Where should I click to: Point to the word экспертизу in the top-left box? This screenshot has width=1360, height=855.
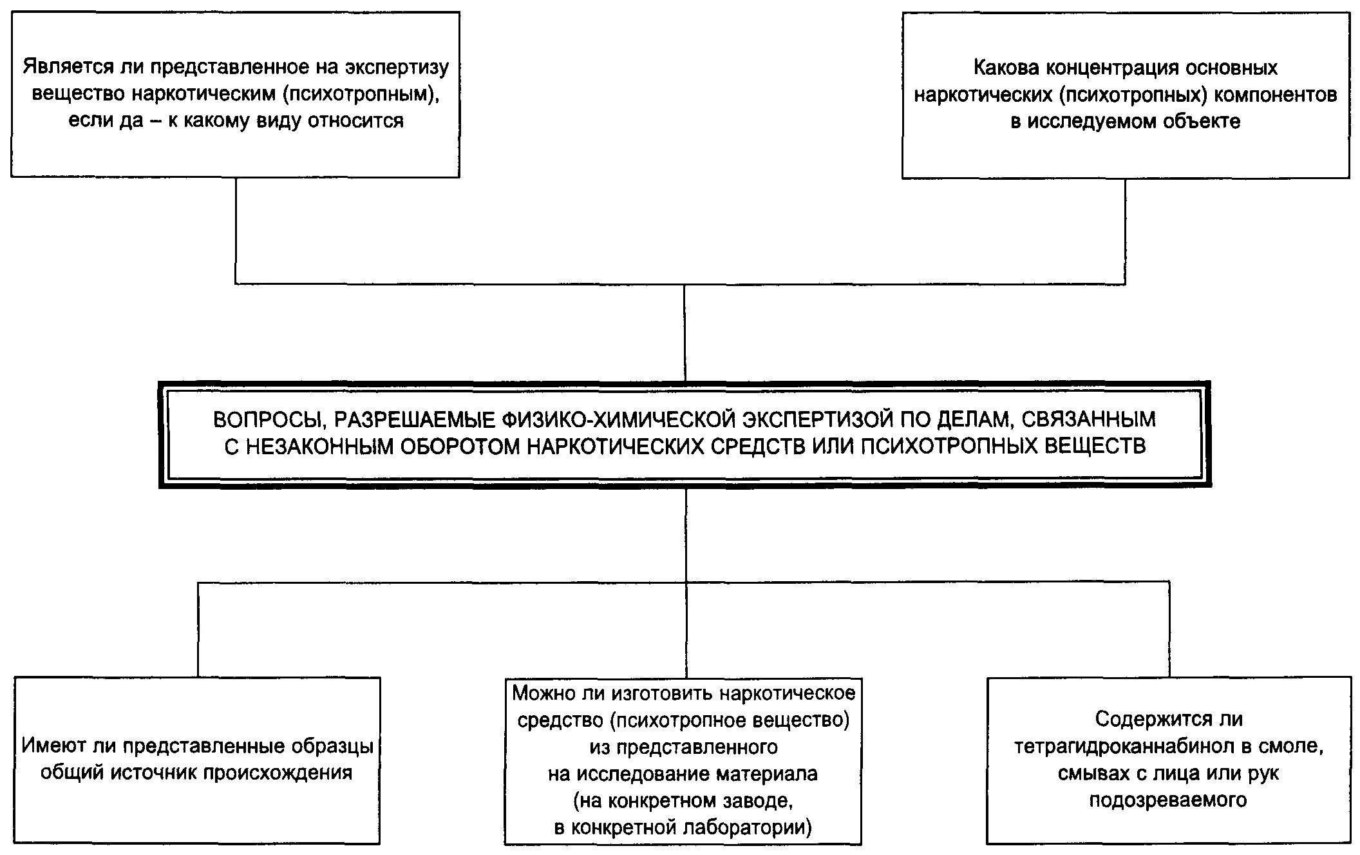[x=397, y=67]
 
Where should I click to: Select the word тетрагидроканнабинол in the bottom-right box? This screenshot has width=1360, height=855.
[x=1122, y=746]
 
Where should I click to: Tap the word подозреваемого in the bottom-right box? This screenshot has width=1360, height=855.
[x=1168, y=800]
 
